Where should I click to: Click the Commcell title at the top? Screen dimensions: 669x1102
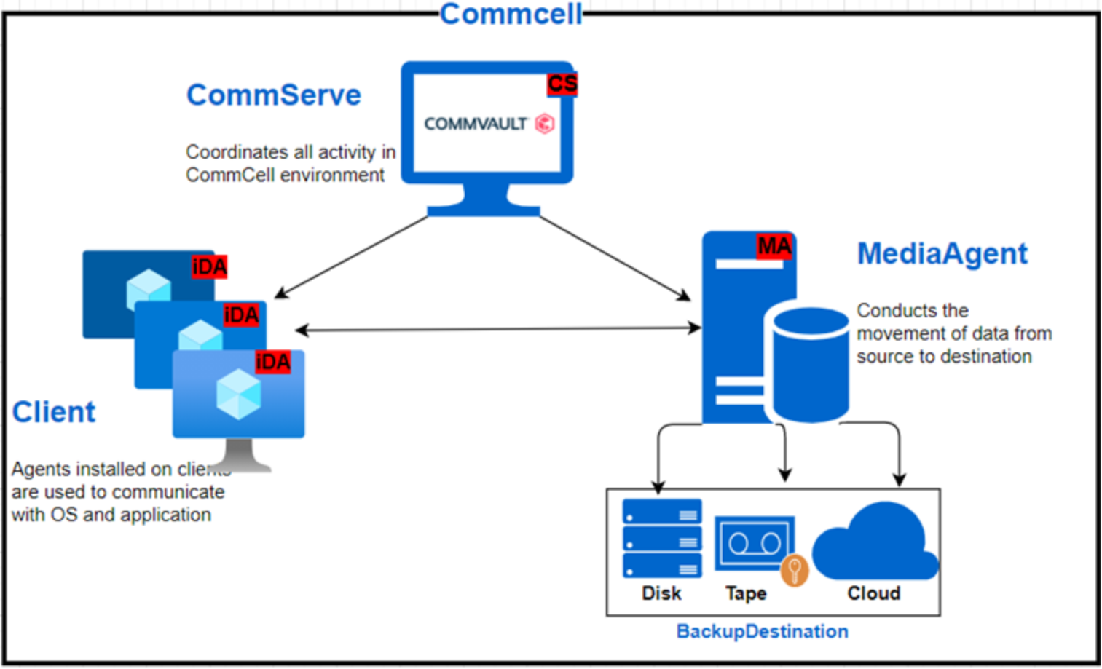(x=511, y=14)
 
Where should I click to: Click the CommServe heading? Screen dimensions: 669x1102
(x=274, y=95)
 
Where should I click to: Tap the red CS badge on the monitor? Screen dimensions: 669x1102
(x=562, y=84)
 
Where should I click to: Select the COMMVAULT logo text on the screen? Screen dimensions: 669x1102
(x=476, y=124)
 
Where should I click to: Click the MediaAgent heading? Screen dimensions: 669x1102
(x=942, y=253)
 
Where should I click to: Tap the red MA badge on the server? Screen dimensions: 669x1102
(x=774, y=247)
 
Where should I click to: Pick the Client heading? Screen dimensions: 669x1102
(x=54, y=412)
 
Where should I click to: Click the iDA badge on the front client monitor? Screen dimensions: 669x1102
(x=273, y=362)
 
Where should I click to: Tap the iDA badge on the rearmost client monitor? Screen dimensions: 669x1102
(x=210, y=267)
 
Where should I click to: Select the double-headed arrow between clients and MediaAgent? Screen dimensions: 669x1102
(x=498, y=329)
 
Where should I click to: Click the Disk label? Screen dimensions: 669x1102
(x=661, y=593)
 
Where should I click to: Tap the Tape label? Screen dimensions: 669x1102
(x=746, y=593)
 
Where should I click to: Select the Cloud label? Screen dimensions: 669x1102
(x=874, y=593)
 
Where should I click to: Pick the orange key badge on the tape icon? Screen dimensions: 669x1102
(x=794, y=570)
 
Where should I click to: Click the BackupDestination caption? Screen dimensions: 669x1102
(x=762, y=631)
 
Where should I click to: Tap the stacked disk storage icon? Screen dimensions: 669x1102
(x=662, y=538)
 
